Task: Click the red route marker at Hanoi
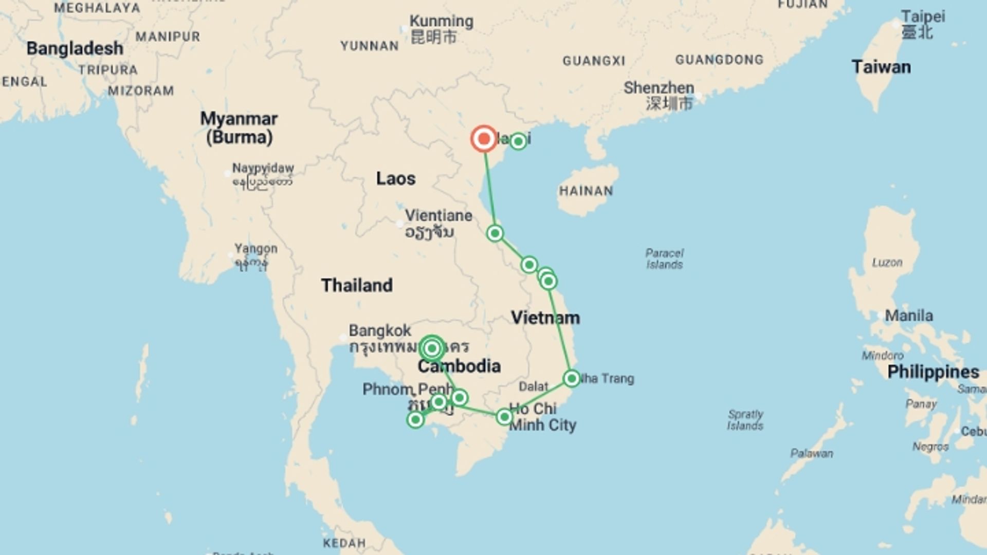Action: coord(484,139)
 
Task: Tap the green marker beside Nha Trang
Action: coord(572,379)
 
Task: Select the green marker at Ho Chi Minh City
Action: coord(504,416)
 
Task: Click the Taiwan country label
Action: coord(881,67)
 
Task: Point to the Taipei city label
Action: coord(923,16)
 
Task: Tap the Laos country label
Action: coord(395,179)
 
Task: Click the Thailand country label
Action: coord(357,285)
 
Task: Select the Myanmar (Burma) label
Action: coord(239,128)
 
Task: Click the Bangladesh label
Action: coord(75,49)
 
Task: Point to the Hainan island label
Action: coord(586,191)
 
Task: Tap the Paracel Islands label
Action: coord(664,259)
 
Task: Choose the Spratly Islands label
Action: coord(745,420)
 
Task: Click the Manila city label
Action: coord(908,316)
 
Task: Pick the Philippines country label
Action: coord(933,372)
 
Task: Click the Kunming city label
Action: coord(441,22)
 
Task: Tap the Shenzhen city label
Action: coord(659,88)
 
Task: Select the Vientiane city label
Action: coord(438,216)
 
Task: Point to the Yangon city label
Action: coord(256,249)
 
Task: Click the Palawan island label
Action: coord(812,453)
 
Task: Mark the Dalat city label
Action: coord(534,386)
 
